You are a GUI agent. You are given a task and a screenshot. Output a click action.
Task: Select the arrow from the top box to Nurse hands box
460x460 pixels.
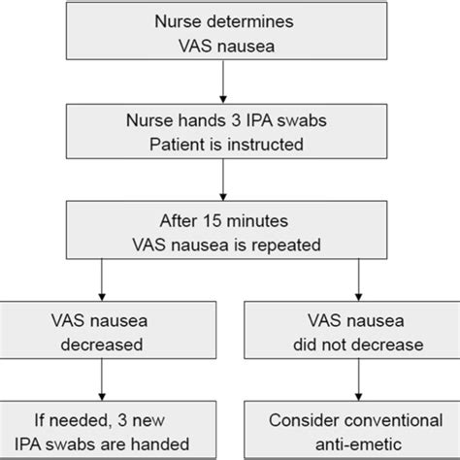pos(223,83)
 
